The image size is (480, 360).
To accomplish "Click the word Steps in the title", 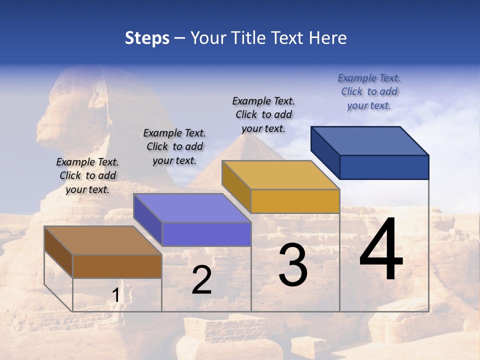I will click(147, 38).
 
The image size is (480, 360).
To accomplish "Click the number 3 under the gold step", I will click(293, 265).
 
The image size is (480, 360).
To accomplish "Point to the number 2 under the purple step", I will click(201, 280).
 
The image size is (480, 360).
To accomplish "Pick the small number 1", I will click(115, 295).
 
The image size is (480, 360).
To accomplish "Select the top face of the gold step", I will click(280, 175).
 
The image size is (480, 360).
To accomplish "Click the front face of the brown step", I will click(117, 266).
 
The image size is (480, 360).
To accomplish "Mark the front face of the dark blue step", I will click(384, 167).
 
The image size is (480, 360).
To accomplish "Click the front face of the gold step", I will click(295, 201).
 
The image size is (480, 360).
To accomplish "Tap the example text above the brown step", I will click(87, 175).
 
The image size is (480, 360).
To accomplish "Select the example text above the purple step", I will click(174, 146).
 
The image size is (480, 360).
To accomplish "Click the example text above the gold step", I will click(263, 114).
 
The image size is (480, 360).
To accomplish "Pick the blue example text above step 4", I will click(369, 91).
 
